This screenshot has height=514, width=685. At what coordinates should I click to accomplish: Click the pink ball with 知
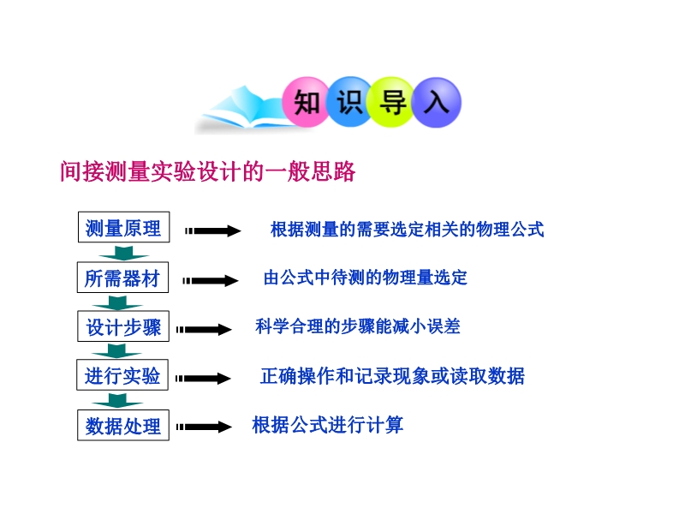point(307,102)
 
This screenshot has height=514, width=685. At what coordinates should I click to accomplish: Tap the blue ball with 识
point(349,102)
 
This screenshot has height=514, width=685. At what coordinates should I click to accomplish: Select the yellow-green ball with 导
point(392,102)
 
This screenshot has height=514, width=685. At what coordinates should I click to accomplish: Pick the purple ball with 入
point(437,102)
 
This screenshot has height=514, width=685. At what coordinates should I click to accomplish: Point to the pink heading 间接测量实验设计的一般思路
point(207,170)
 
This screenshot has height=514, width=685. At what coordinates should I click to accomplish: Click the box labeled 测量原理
point(123,227)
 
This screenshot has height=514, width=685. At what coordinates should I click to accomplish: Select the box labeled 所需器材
point(122,278)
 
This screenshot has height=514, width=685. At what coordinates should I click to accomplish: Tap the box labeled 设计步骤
point(123,326)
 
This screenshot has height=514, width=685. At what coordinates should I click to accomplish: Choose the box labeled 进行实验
point(122,375)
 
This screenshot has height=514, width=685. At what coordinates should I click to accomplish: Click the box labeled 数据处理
point(123,425)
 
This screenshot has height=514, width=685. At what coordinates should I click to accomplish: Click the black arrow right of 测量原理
point(212,230)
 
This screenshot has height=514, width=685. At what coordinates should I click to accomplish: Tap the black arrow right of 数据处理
point(204,427)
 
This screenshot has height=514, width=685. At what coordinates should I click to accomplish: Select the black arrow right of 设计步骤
point(204,329)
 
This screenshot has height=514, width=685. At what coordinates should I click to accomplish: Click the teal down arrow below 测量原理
point(124,252)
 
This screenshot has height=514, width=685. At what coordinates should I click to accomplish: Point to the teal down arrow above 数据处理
point(117,399)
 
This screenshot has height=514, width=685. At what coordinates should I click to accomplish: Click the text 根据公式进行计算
point(328,425)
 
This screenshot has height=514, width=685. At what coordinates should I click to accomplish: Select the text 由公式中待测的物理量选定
point(366,278)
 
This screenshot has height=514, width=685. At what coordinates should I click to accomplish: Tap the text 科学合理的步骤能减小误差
point(358,326)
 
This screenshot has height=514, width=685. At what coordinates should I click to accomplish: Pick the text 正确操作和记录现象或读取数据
point(392,376)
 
